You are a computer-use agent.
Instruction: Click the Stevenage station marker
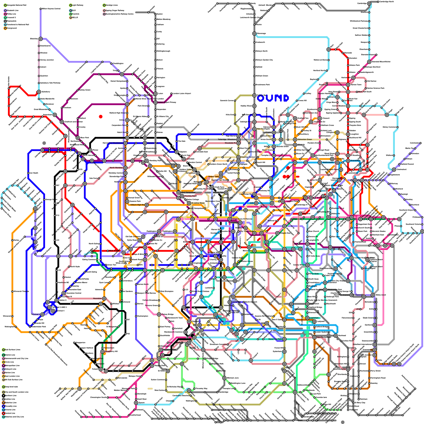tap(254, 34)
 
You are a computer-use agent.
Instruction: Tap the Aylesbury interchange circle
tap(39, 92)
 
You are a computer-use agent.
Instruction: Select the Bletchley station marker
tap(41, 39)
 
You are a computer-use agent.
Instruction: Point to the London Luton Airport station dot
tap(171, 94)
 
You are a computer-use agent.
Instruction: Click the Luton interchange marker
tap(156, 94)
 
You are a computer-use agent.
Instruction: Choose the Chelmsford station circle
tap(394, 170)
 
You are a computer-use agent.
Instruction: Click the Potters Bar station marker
tap(254, 95)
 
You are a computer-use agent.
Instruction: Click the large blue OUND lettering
tap(273, 98)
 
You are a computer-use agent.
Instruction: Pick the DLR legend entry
tap(70, 11)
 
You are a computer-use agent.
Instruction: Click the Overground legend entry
tap(5, 28)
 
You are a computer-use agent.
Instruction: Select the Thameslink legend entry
tap(5, 21)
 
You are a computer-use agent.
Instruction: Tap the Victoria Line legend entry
tap(3, 410)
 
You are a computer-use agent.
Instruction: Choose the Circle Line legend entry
tap(3, 362)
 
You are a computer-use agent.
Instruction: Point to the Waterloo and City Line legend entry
tap(3, 417)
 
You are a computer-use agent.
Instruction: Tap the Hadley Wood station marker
tap(254, 106)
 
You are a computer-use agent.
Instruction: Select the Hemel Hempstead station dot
tap(127, 81)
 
